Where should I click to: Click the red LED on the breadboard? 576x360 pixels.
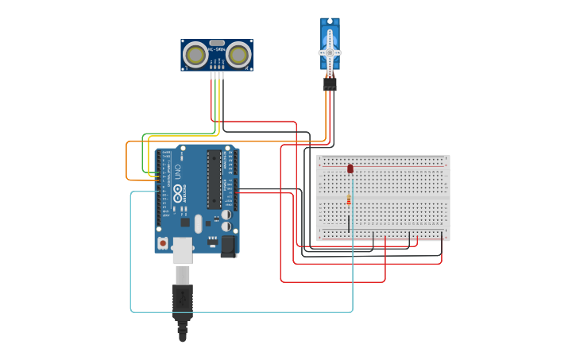[350, 168]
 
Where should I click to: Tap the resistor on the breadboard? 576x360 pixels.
[349, 199]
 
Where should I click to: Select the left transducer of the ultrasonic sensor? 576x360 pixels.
[195, 54]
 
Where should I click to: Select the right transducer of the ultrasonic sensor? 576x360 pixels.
[238, 54]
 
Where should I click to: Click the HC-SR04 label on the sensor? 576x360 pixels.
[216, 49]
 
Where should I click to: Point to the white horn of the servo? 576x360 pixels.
[330, 52]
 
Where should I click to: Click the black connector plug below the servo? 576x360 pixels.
[329, 83]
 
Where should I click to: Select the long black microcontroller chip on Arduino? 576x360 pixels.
[214, 180]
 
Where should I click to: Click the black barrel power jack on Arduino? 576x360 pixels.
[228, 246]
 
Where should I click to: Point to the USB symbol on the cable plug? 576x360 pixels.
[183, 300]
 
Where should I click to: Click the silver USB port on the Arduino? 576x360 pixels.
[182, 250]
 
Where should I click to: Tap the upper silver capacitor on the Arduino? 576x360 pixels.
[226, 215]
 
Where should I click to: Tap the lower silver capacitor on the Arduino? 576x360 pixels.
[226, 227]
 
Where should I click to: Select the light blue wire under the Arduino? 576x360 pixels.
[238, 312]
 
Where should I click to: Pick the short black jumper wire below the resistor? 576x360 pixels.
[348, 222]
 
